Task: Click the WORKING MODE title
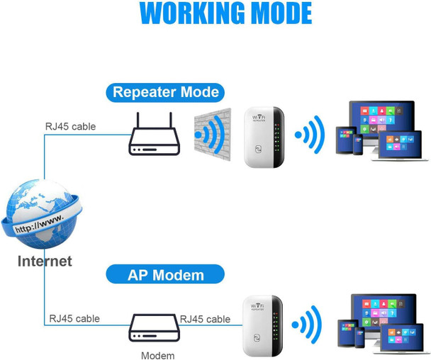tap(225, 13)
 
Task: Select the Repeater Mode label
tap(165, 92)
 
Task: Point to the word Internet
tap(45, 261)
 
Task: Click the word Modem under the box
tap(157, 355)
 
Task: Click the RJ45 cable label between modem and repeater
tap(205, 319)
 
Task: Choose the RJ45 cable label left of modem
tap(74, 319)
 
